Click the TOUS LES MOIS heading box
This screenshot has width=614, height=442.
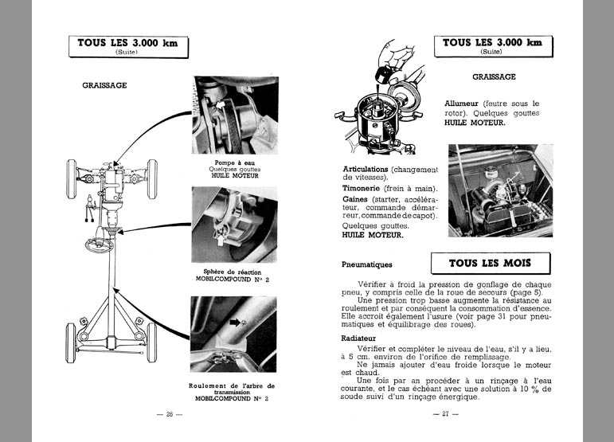488,263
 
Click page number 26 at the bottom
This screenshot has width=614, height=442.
170,415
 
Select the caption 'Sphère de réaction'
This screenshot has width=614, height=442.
233,272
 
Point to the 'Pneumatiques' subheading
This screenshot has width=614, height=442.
367,264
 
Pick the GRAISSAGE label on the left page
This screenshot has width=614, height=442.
104,84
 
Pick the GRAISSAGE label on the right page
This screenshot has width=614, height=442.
494,77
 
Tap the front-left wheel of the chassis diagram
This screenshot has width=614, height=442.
72,170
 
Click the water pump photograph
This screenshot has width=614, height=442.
233,116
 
